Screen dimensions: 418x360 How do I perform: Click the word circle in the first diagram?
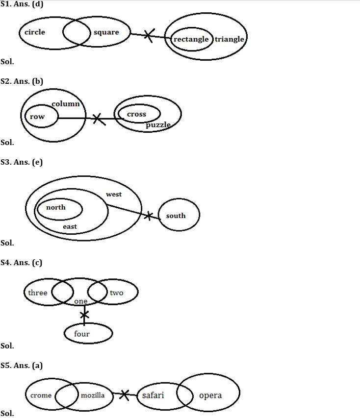pos(34,32)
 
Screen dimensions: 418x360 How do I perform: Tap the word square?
pos(106,32)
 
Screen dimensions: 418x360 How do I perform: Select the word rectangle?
pos(191,39)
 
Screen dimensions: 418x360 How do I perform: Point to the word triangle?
pos(229,39)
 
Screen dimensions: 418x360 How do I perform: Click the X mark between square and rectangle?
pos(149,36)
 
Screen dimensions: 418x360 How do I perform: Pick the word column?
pos(66,104)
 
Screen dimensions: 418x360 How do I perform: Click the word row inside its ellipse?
pos(37,117)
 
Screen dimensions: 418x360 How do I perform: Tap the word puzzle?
pos(158,125)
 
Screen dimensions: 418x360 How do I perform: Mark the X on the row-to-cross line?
pos(98,118)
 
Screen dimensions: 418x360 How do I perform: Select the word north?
pos(55,207)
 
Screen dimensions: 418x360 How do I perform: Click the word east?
pos(70,226)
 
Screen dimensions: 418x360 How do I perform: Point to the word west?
pos(114,195)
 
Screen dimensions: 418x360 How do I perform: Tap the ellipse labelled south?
pos(179,215)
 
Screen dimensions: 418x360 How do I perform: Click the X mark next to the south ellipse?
pos(148,215)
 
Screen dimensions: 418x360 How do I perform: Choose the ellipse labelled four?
pos(88,334)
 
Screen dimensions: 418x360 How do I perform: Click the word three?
pos(38,293)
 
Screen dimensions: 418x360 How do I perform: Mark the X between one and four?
pos(84,314)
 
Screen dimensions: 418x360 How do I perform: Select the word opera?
pos(210,395)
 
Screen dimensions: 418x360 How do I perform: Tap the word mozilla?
pos(93,395)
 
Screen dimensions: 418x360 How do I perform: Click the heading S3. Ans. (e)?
pos(22,162)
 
